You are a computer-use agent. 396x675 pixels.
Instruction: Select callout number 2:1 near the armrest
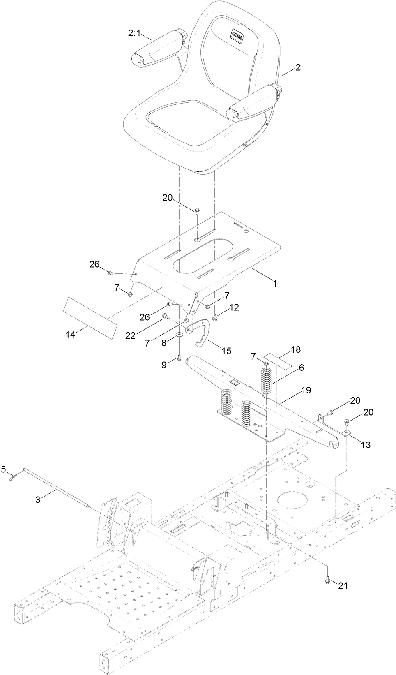(134, 34)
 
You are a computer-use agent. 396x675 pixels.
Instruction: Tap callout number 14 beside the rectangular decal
(70, 335)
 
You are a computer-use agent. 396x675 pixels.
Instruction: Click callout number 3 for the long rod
(38, 499)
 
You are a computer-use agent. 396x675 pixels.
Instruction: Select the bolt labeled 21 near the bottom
(327, 579)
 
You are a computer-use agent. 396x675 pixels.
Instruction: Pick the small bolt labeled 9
(180, 358)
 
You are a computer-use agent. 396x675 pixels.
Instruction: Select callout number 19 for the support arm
(317, 390)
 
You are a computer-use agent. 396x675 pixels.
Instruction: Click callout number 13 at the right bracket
(365, 445)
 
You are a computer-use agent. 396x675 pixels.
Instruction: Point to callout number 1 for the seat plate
(275, 283)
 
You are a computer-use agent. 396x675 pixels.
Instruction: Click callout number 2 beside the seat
(298, 67)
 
